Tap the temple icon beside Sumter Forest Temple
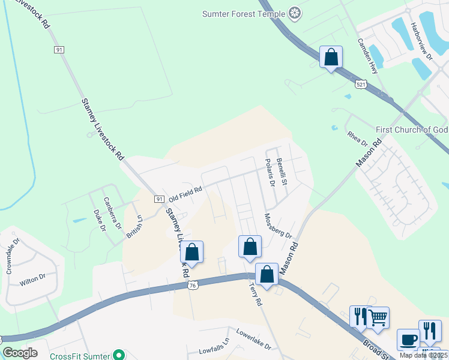pos(295,13)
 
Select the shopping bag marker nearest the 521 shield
pos(331,58)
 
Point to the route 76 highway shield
pos(192,286)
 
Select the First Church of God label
pos(412,130)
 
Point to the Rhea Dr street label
pos(357,137)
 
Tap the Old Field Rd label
pos(185,193)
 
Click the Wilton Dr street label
pos(32,278)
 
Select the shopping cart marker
pos(378,318)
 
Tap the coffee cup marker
pos(408,340)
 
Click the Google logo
pos(20,353)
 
